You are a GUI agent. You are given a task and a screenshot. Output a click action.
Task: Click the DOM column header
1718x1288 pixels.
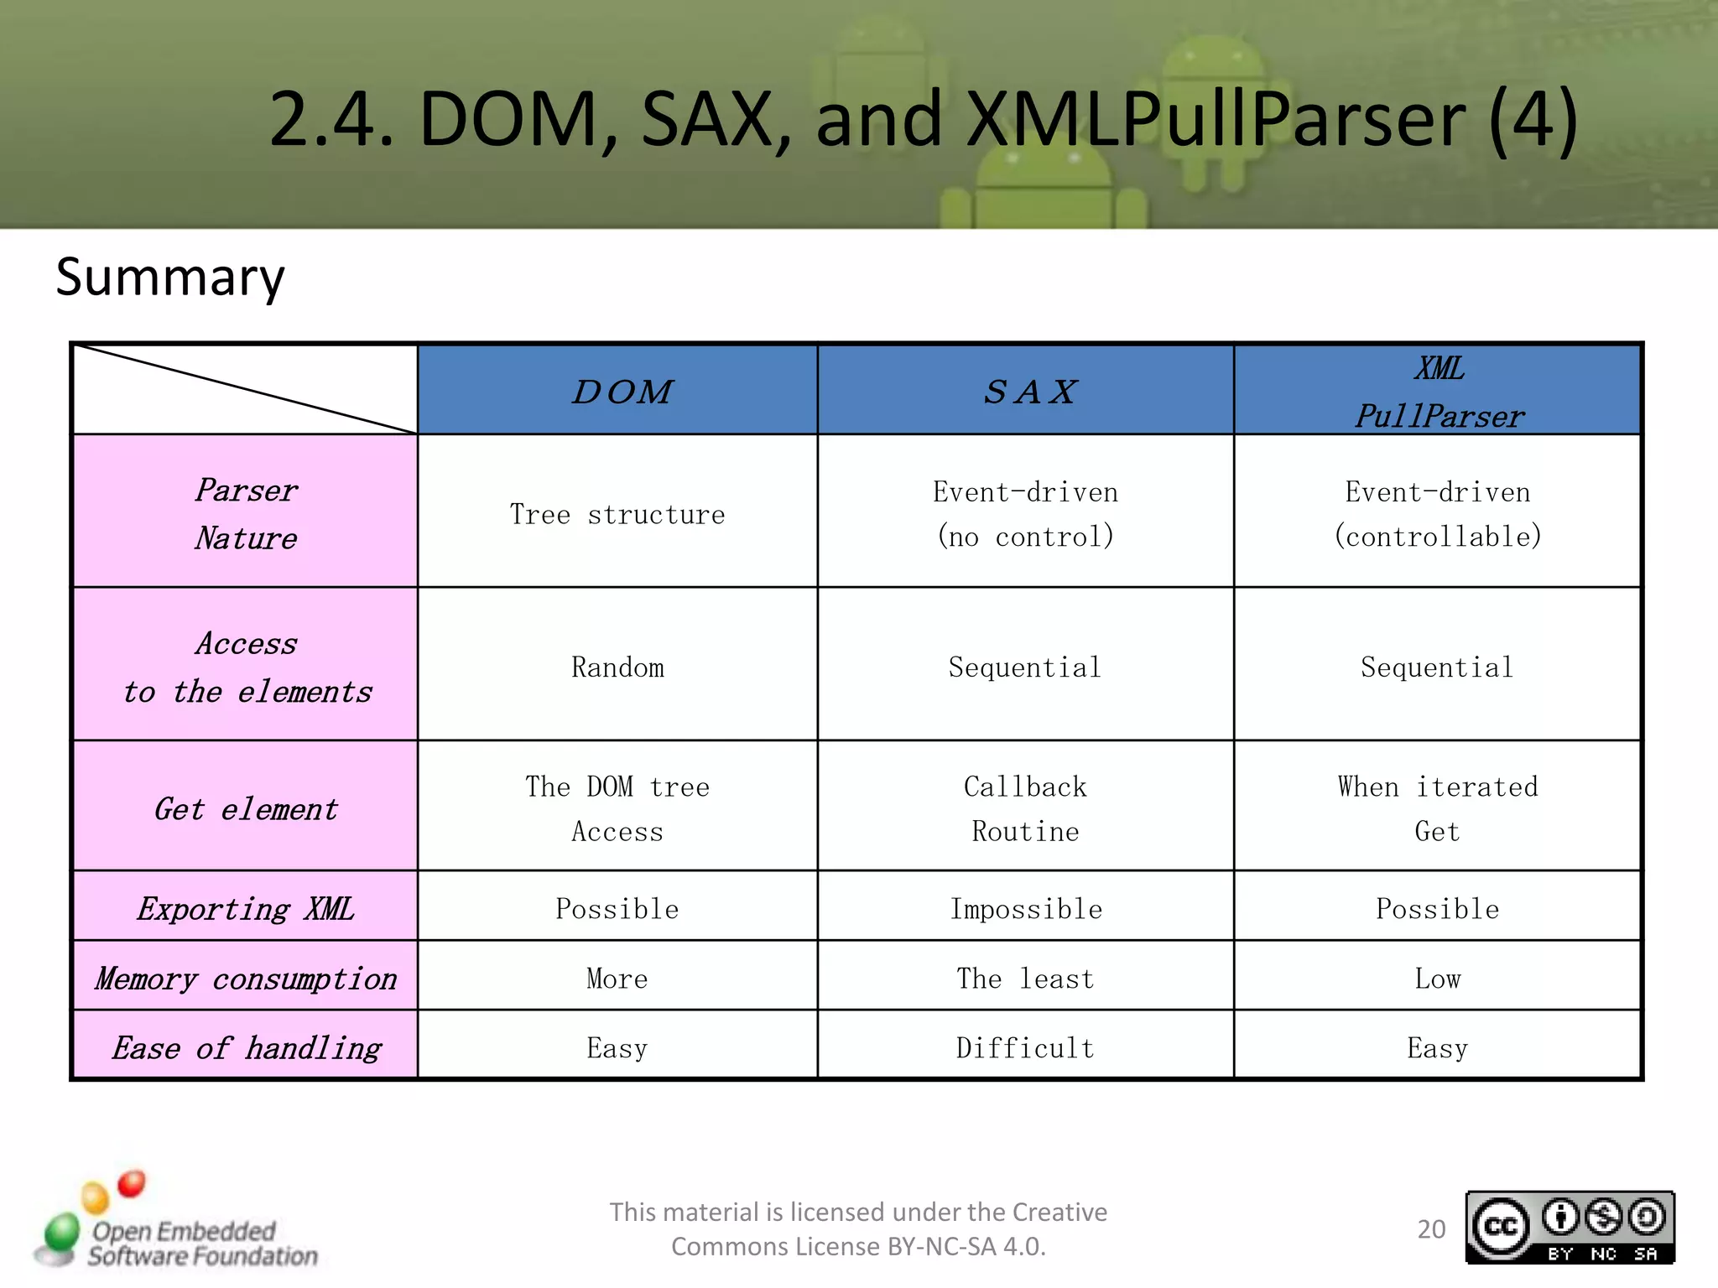(x=621, y=391)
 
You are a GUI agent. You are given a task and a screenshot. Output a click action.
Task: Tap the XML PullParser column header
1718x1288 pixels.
(x=1438, y=391)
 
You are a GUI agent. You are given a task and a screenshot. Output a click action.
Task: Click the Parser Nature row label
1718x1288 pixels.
(x=246, y=512)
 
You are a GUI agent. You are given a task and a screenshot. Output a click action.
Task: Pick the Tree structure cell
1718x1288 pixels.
(x=617, y=514)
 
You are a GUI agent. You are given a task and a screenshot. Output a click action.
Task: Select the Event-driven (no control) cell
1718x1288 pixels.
(x=1025, y=513)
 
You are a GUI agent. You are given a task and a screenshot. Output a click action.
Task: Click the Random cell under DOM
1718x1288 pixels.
(x=617, y=667)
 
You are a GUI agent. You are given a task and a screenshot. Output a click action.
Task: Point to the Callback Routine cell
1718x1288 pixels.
(x=1025, y=808)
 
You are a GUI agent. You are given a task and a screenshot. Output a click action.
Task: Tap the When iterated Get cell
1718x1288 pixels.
(x=1437, y=808)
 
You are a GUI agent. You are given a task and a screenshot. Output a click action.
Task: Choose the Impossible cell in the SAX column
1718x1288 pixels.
(x=1025, y=909)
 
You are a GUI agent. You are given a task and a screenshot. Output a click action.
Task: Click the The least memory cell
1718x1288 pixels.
(x=1025, y=979)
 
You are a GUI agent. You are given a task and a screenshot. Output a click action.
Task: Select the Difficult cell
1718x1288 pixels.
(x=1025, y=1048)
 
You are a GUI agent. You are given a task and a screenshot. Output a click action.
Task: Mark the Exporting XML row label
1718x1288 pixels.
(x=246, y=909)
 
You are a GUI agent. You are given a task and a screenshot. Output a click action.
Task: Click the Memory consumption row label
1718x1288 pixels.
(x=246, y=979)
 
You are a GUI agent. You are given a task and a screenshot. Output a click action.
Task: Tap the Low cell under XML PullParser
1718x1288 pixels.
(x=1437, y=979)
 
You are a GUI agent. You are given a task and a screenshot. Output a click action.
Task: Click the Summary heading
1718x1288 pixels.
(x=170, y=277)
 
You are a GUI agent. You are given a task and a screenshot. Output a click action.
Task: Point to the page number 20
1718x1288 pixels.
(x=1431, y=1229)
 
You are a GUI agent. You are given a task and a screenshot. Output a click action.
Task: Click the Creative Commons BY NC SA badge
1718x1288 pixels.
(x=1570, y=1228)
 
